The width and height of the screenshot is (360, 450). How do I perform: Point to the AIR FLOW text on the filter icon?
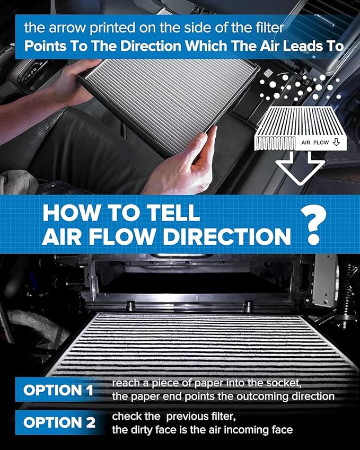click(x=315, y=143)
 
